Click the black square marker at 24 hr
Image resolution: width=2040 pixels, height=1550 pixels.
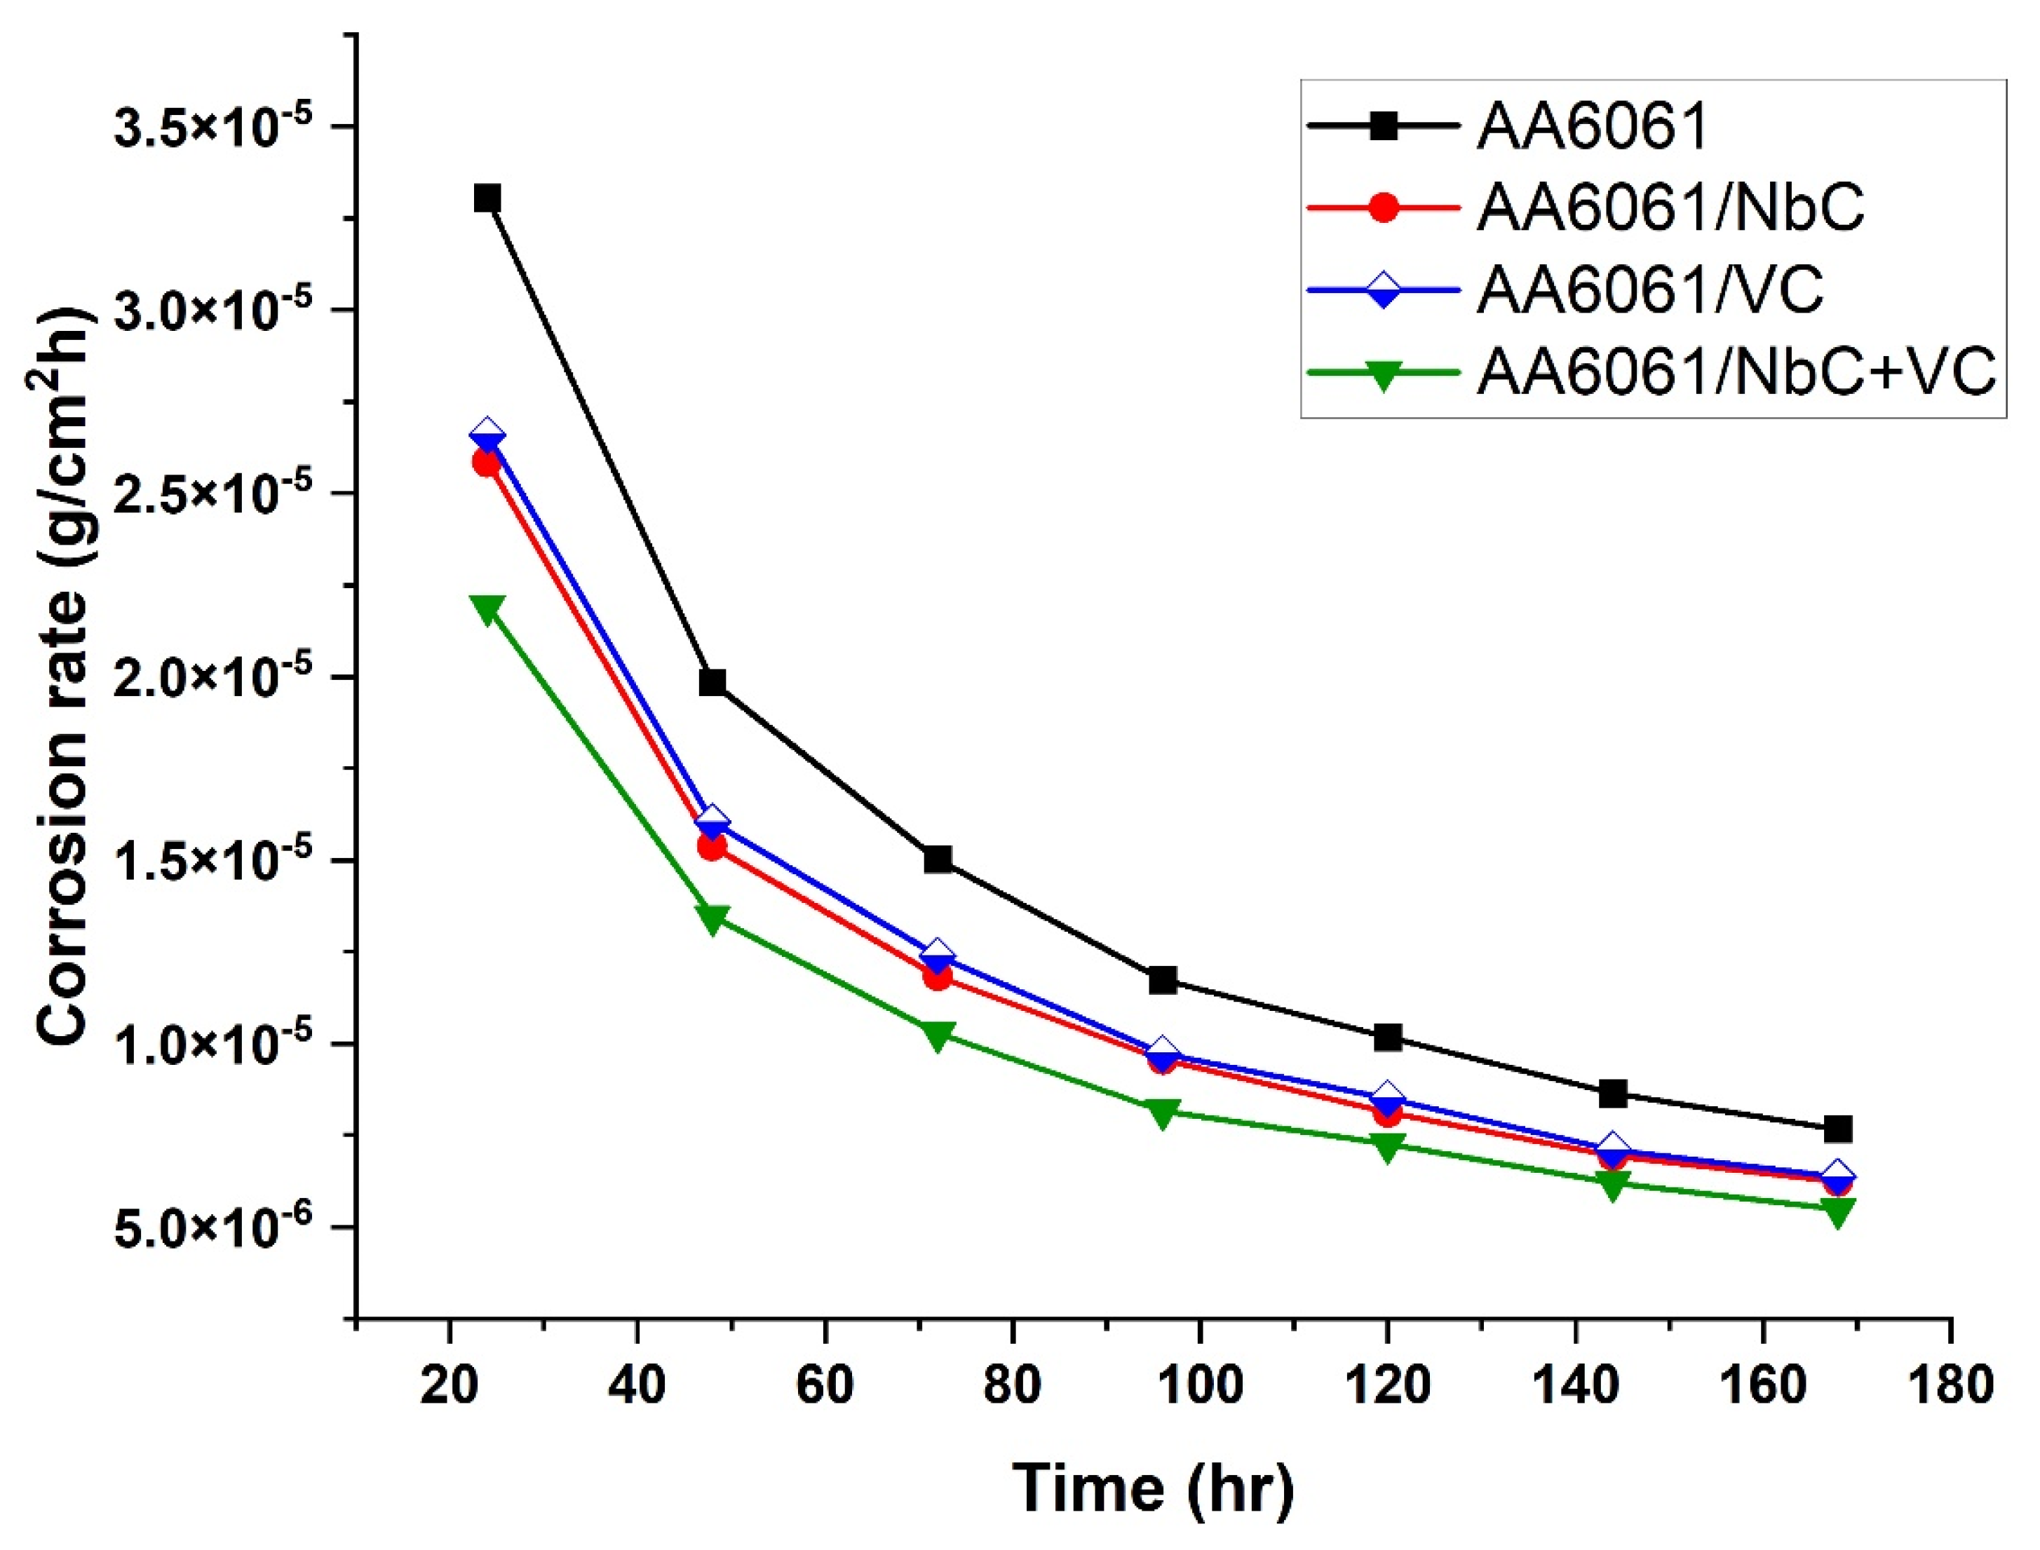487,198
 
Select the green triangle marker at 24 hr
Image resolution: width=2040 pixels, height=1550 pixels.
487,609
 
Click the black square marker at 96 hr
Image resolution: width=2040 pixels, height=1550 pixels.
1163,980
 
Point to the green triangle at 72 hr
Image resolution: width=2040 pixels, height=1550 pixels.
938,1036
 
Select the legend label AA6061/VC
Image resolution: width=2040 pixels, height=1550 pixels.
1649,290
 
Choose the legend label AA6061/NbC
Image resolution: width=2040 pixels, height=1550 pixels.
1670,207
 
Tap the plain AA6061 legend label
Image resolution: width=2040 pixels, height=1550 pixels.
1593,125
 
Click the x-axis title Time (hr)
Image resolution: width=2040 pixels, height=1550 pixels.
1154,1488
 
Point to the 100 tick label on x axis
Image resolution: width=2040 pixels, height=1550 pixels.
1199,1387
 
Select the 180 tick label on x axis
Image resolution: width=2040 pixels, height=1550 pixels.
1950,1387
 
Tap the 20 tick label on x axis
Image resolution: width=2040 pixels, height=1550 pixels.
450,1387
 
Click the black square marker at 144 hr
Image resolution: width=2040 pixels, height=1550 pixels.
1613,1094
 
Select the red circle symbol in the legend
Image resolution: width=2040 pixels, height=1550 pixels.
1383,207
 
